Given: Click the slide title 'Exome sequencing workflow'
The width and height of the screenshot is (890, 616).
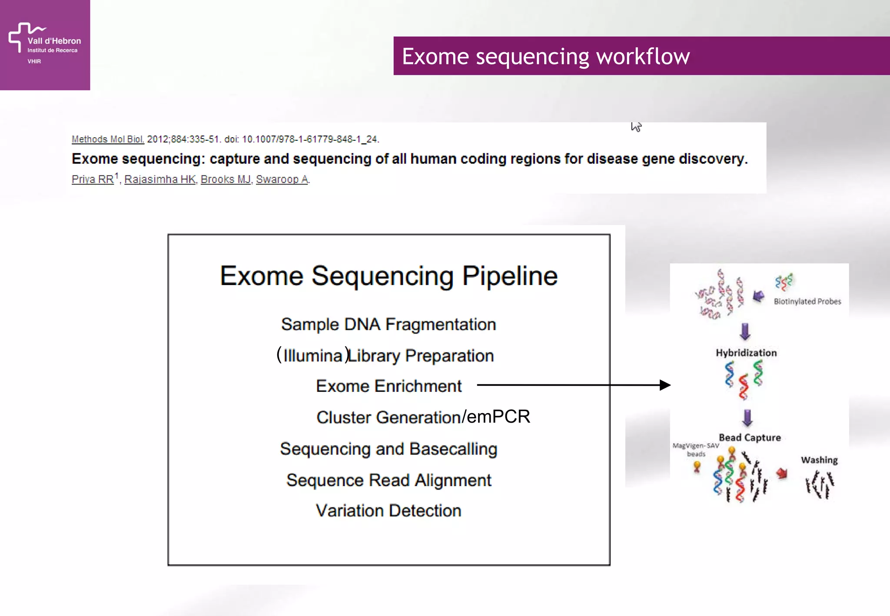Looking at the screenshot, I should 545,56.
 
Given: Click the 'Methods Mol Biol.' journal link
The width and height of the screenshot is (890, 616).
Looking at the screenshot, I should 108,139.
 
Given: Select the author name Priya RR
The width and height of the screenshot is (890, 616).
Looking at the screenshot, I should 93,179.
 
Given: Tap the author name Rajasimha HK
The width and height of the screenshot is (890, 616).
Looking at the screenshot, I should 160,179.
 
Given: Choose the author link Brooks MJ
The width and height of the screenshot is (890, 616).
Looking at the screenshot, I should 226,179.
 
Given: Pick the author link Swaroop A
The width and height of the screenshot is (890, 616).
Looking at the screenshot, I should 282,179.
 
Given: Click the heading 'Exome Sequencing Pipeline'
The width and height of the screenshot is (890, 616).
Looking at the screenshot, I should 389,276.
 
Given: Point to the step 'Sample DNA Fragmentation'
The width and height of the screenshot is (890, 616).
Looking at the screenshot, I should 389,325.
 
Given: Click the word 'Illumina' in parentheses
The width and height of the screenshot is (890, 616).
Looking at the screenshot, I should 312,356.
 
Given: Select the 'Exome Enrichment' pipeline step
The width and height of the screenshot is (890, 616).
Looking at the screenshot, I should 389,386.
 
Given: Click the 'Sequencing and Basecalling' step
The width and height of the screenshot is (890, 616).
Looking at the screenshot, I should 389,449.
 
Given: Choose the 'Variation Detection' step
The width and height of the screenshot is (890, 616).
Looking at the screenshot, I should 389,511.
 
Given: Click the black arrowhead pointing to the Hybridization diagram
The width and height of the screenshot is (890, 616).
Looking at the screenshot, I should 665,385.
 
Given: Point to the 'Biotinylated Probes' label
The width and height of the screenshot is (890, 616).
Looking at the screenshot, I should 807,301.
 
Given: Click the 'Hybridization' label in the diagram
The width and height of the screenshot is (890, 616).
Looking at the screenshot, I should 746,353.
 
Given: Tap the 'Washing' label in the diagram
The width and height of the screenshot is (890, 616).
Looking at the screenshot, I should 819,460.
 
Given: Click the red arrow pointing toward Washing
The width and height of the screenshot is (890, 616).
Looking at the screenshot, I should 782,473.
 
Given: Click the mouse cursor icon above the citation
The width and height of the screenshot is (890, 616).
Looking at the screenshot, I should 636,127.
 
